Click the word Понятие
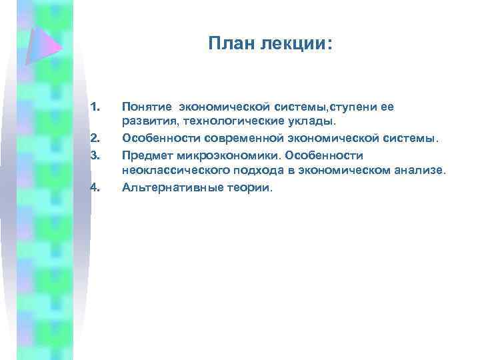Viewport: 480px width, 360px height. click(x=145, y=106)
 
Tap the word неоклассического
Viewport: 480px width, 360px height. click(x=168, y=171)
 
